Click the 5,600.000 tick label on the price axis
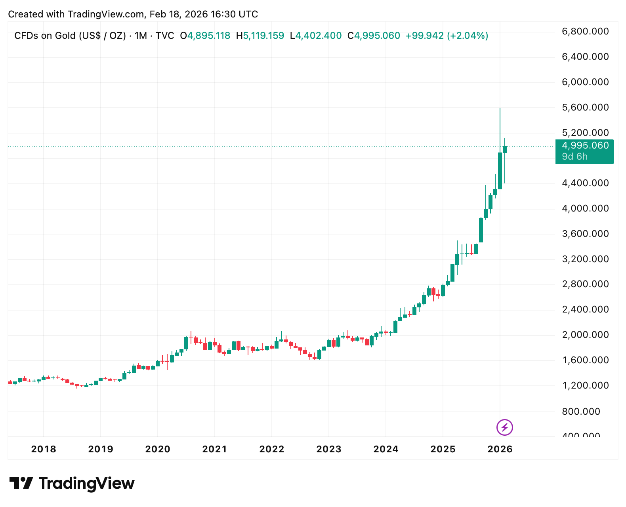point(585,107)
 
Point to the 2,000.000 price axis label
point(585,335)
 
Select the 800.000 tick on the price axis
point(581,412)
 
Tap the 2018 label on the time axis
point(44,449)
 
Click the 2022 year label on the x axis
point(272,449)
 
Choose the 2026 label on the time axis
point(500,449)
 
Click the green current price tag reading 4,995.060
point(585,146)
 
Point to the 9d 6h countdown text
point(574,156)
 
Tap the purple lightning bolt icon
point(505,427)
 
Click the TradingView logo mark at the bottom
point(21,483)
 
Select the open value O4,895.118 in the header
point(205,36)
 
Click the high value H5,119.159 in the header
point(260,36)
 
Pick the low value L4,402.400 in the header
point(316,36)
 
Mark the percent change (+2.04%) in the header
point(468,36)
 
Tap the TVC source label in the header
point(165,36)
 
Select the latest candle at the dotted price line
point(505,149)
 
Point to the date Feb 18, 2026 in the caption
point(179,14)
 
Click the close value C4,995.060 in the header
point(374,36)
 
